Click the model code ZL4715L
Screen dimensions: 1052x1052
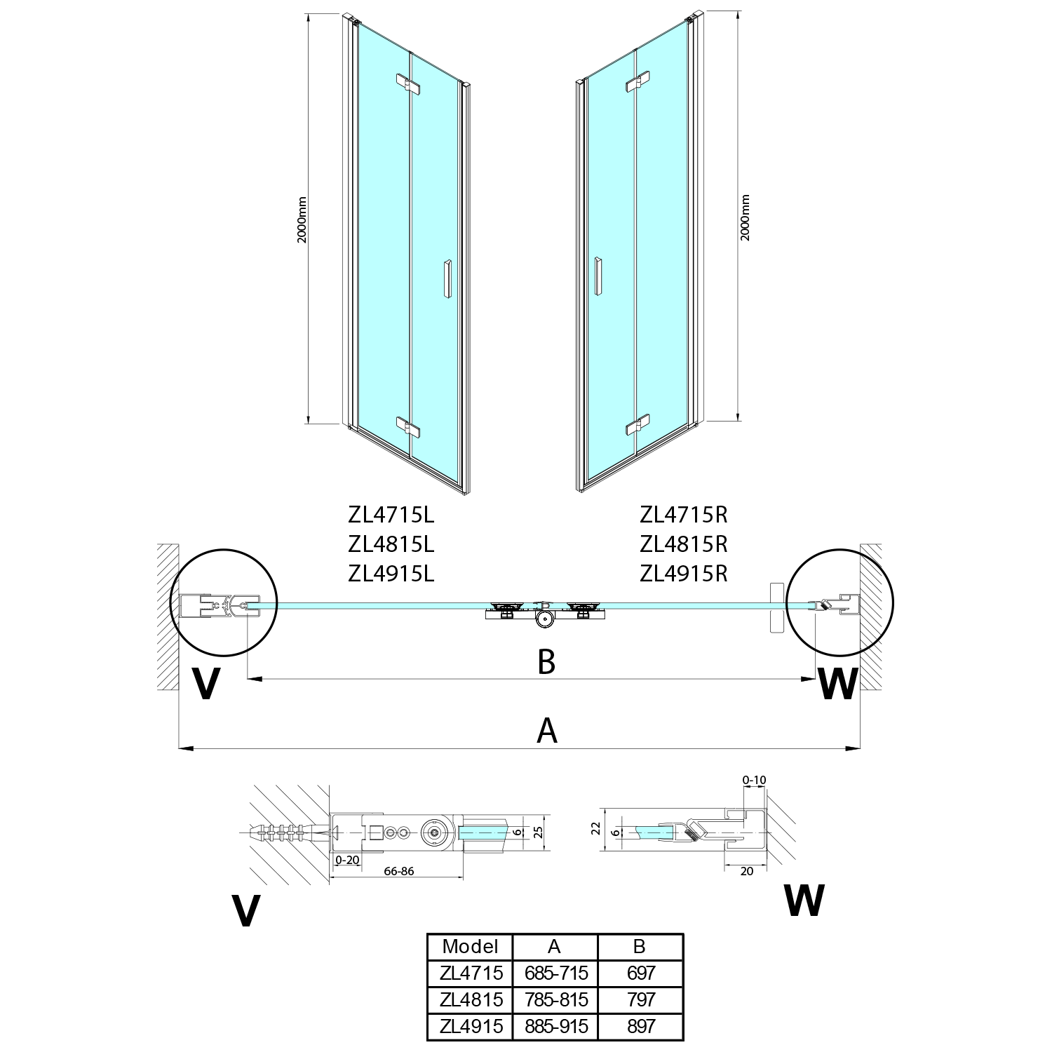[391, 515]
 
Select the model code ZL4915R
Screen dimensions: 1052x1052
[684, 574]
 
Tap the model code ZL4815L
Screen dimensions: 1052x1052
[391, 544]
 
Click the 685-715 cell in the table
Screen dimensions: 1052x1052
[555, 973]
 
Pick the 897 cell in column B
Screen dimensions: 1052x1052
[640, 1026]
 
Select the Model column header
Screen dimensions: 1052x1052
[470, 946]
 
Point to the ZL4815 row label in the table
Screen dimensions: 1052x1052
[470, 999]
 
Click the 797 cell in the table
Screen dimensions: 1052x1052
[640, 999]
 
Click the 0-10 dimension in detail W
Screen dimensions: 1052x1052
[754, 780]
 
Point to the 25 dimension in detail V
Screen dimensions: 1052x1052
[537, 832]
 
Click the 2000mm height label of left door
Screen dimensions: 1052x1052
[302, 219]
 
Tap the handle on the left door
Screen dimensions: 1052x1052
[447, 281]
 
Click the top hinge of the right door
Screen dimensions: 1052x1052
[638, 83]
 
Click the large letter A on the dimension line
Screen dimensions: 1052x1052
[546, 730]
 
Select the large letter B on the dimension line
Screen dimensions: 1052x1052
[546, 661]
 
